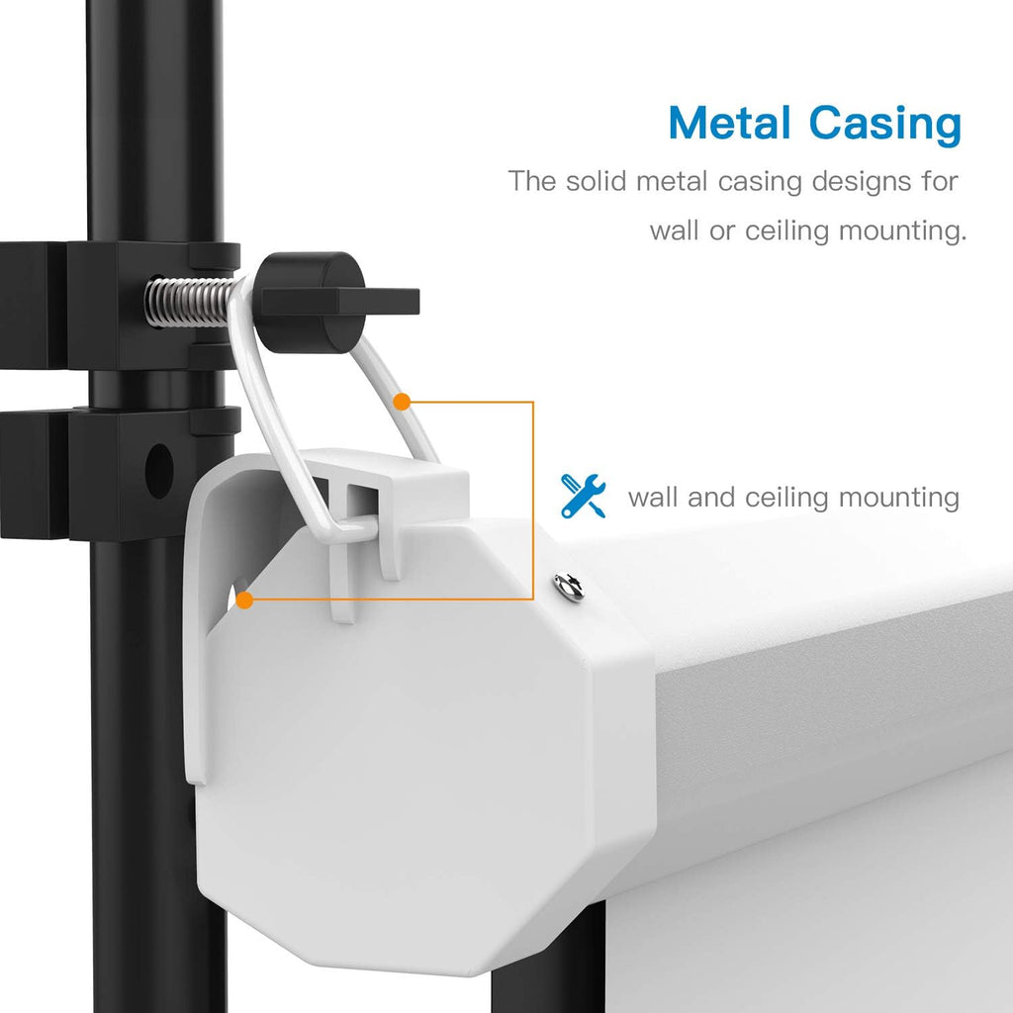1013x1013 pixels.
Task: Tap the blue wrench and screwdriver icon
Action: point(583,496)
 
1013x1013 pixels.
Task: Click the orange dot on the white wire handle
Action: point(402,402)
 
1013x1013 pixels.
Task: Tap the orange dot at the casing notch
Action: point(244,600)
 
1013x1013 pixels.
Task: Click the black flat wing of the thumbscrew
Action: point(376,302)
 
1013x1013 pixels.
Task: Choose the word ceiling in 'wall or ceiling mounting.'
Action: point(786,231)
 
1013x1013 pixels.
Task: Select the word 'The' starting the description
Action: point(532,181)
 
